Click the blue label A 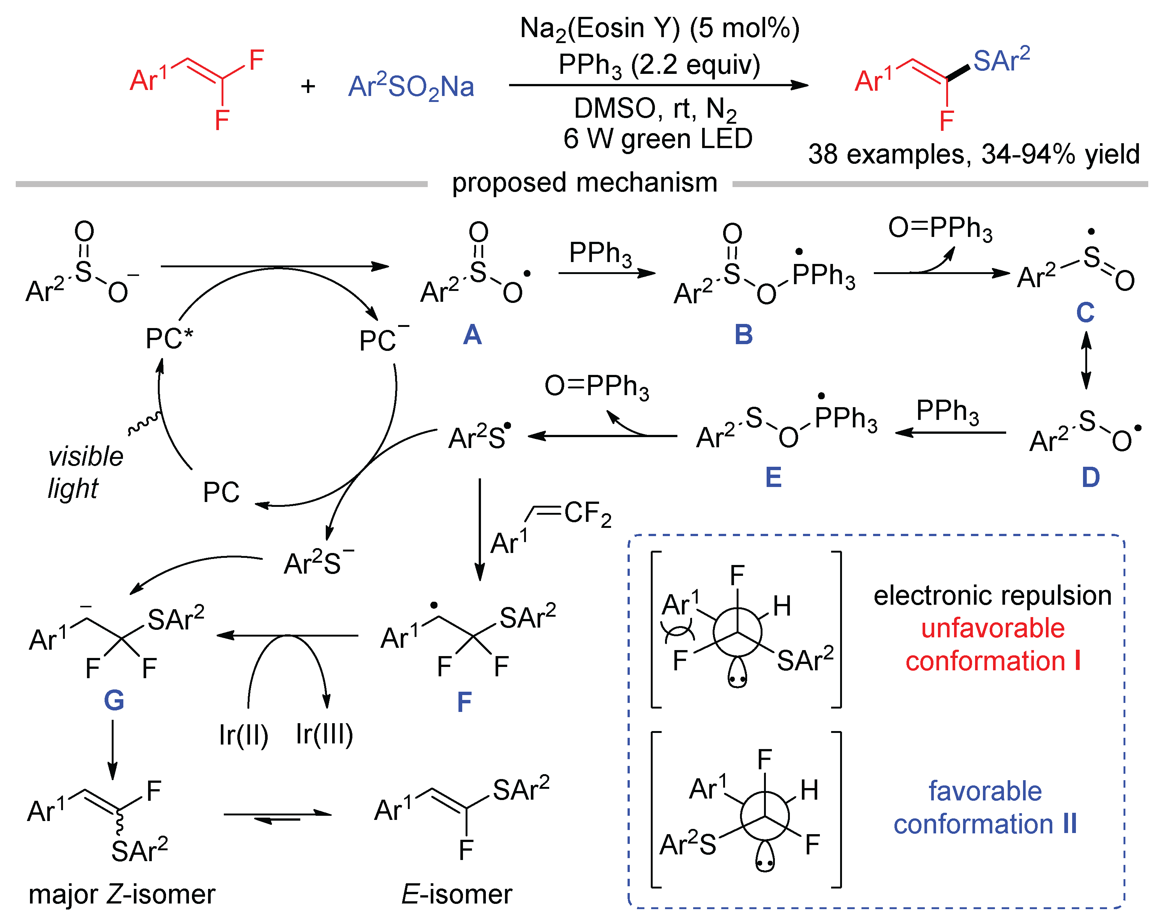tap(472, 335)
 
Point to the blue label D tap(1091, 477)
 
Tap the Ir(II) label tap(244, 735)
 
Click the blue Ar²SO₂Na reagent tap(411, 87)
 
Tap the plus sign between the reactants tap(308, 86)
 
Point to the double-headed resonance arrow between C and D tap(1086, 360)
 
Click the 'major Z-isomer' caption tap(121, 895)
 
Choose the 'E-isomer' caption tap(456, 895)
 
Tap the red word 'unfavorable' tap(992, 628)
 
